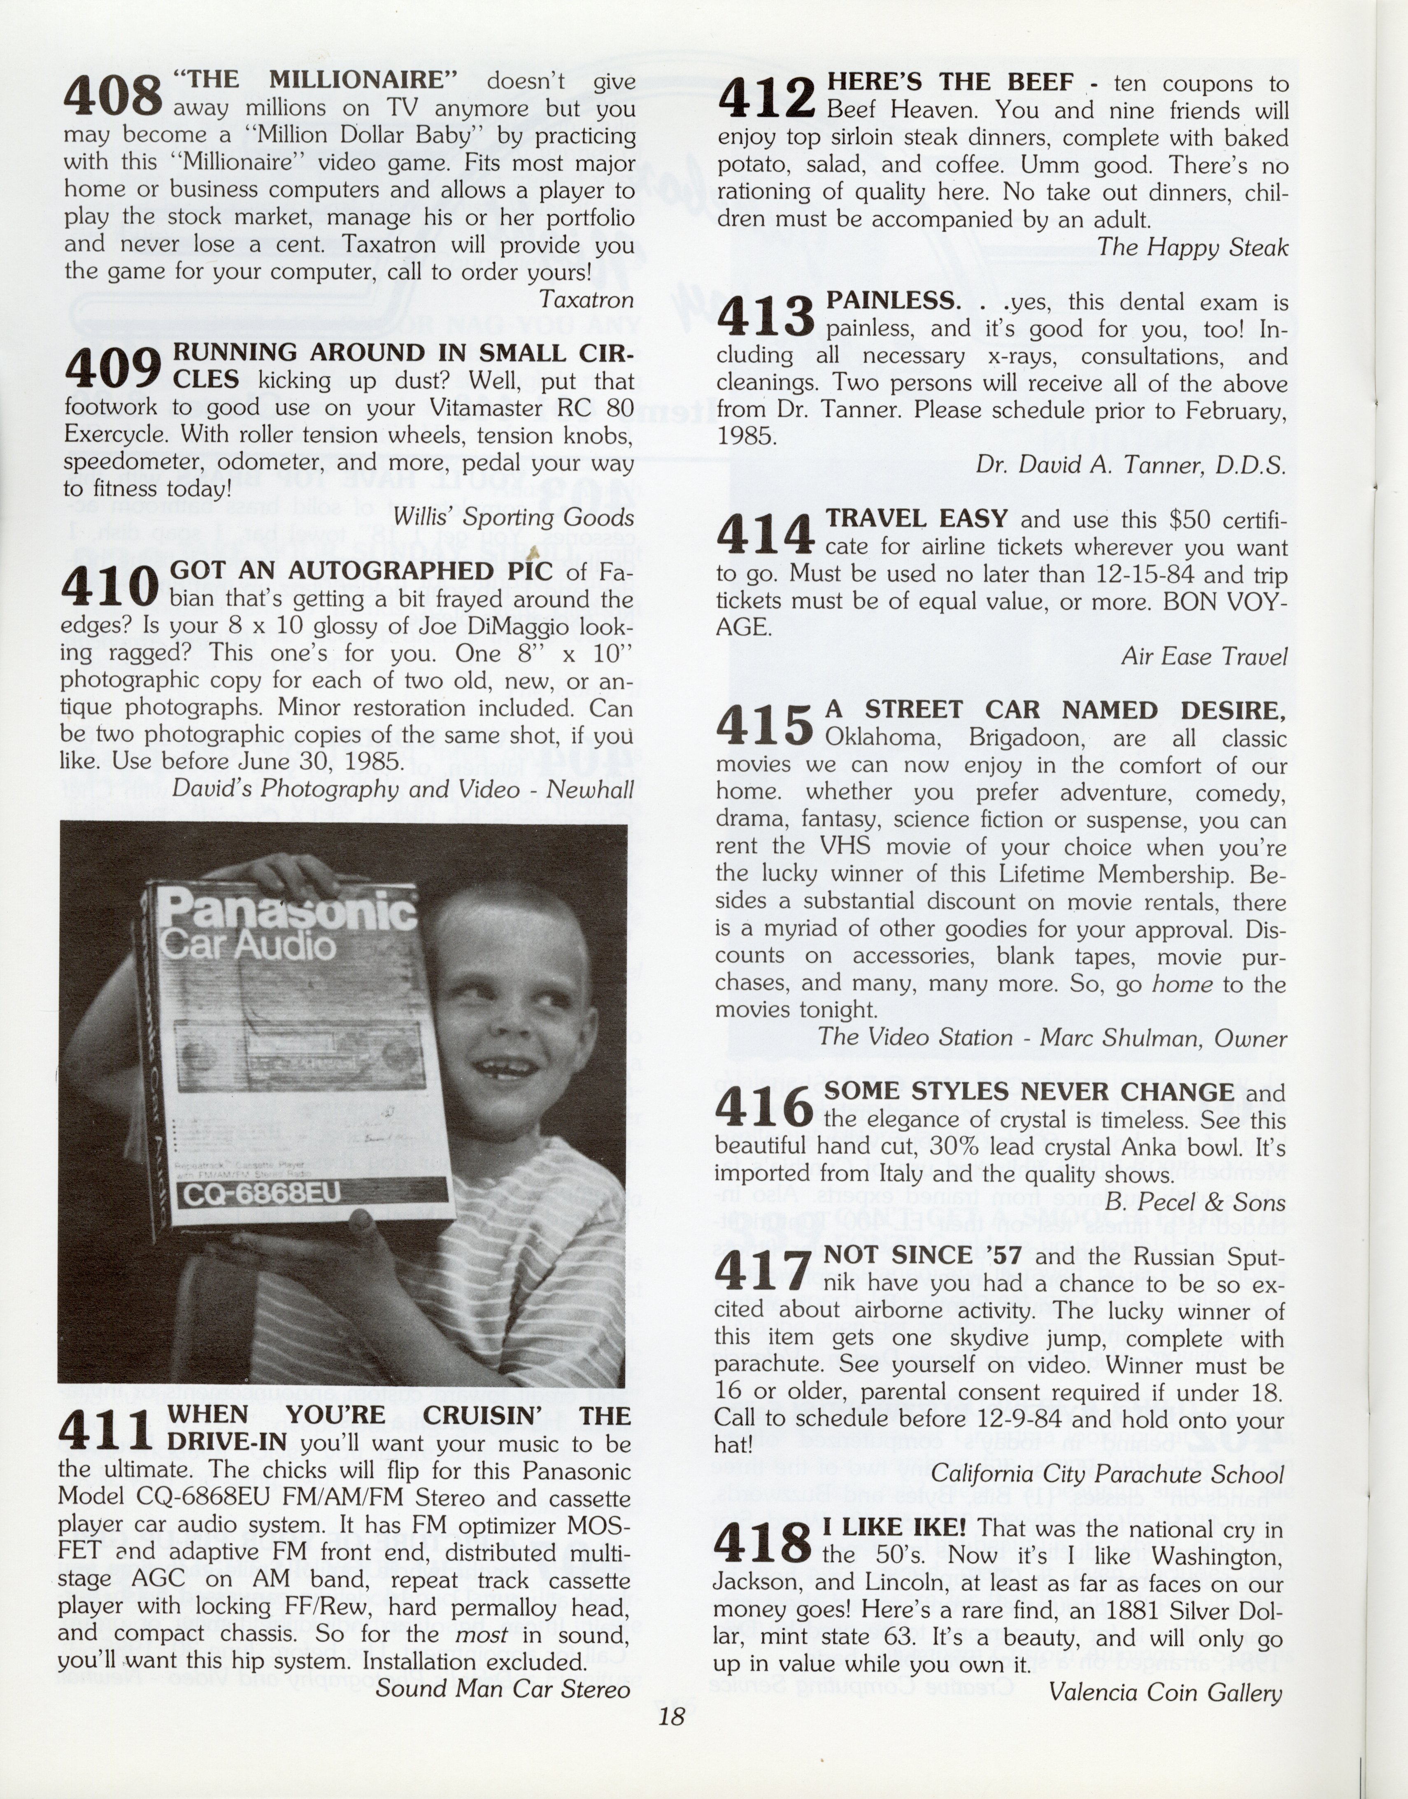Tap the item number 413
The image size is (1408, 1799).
766,317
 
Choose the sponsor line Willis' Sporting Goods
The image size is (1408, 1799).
514,517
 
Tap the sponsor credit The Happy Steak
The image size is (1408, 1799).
1192,247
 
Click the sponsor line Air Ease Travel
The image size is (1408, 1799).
1203,656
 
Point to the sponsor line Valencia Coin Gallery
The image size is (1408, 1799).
1166,1693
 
